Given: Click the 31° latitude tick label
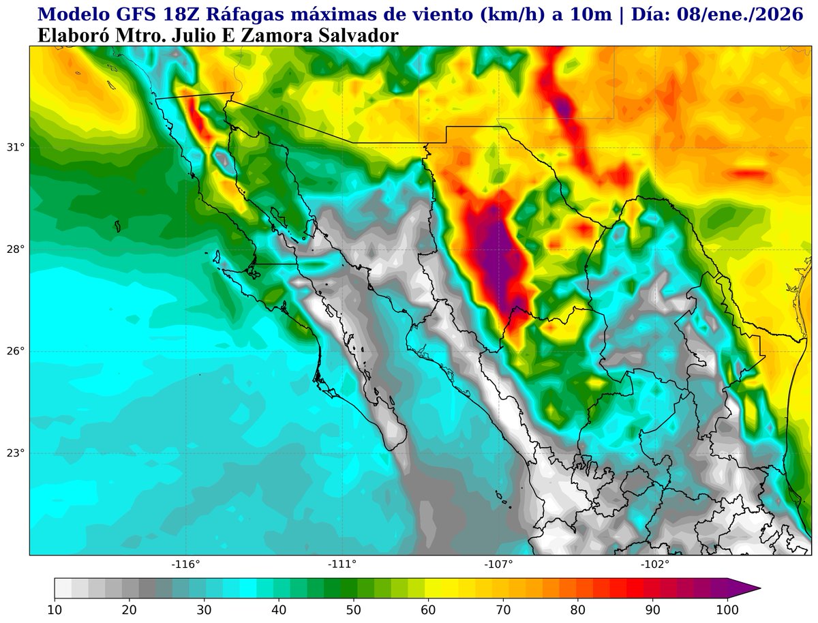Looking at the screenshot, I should click(15, 147).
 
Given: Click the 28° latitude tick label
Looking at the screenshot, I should click(15, 249).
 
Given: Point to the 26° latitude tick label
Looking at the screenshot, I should click(15, 352).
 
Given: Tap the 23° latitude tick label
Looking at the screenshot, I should click(15, 453).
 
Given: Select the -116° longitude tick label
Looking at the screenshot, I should click(185, 564).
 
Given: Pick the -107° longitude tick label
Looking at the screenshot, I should click(498, 564).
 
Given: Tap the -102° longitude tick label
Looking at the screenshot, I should click(655, 564).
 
